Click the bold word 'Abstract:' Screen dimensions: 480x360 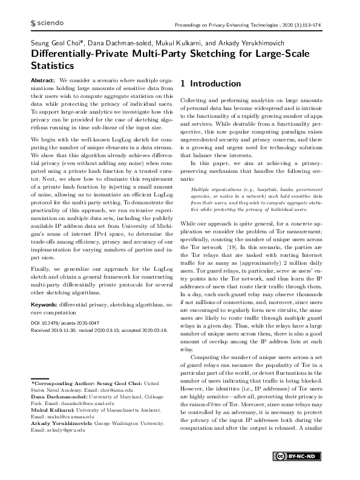[x=43, y=80]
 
